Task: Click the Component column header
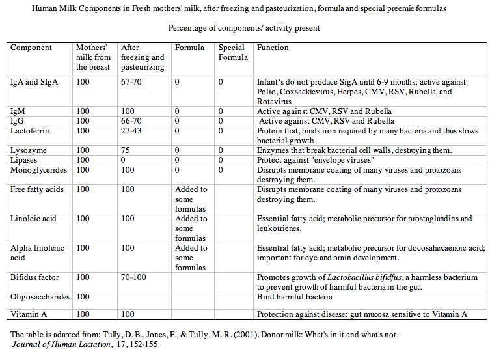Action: pos(31,48)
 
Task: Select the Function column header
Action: pos(273,48)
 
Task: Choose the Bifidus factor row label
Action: pos(34,277)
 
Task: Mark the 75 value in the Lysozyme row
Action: pos(126,150)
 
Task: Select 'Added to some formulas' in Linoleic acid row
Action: pos(191,228)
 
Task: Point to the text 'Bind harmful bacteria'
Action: pos(295,298)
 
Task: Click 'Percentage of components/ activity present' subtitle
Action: pos(244,28)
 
